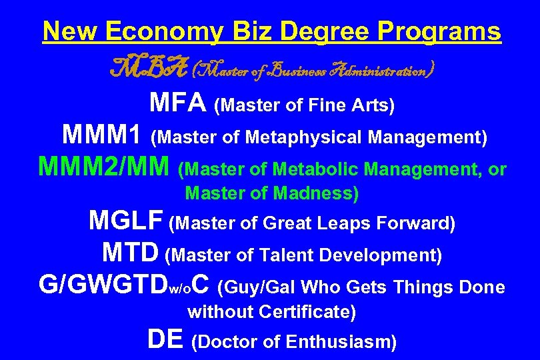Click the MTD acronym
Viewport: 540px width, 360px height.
coord(131,253)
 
